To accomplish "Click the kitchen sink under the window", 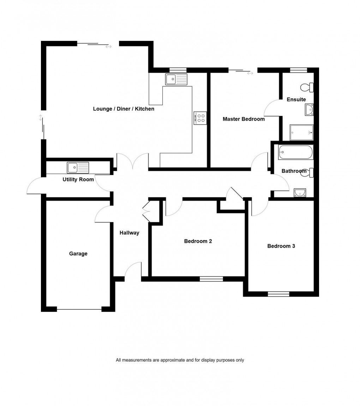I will (176, 79).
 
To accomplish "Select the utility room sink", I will (78, 168).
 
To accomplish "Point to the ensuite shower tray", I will (301, 132).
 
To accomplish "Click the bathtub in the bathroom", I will (295, 152).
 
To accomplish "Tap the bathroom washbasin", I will (300, 192).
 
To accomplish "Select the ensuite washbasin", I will (309, 110).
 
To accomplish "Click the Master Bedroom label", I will (244, 119).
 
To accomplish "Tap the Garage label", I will (78, 254).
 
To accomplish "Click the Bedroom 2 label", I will (198, 241).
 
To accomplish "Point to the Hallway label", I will (129, 233).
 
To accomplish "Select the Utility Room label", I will (78, 180).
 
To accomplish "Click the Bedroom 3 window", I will (278, 293).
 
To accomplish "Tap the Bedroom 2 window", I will (211, 279).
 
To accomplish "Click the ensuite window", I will (298, 70).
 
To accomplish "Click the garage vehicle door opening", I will (79, 309).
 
